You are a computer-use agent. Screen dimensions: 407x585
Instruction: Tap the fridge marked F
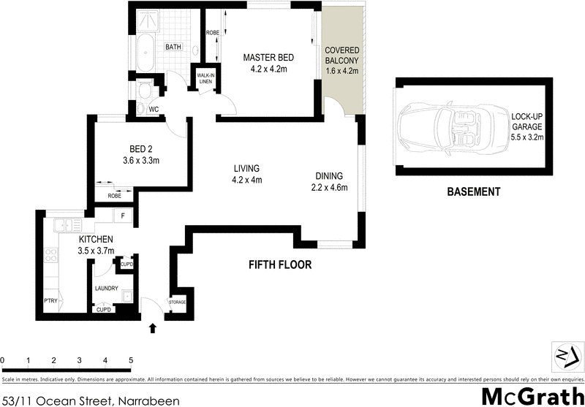tap(124, 216)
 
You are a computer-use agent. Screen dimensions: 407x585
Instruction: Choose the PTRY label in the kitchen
tap(50, 300)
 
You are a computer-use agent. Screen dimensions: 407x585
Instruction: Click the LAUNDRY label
tap(106, 289)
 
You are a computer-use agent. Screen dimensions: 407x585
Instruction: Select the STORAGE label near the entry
tap(177, 302)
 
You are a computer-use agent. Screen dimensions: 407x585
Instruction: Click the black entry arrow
tap(153, 329)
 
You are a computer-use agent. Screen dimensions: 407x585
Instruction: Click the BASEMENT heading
tap(473, 192)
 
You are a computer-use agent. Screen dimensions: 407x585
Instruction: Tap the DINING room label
tap(328, 176)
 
